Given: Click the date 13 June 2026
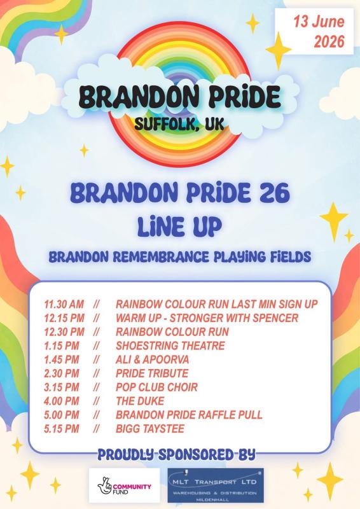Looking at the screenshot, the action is point(319,31).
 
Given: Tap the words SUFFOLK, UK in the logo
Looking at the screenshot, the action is point(179,123).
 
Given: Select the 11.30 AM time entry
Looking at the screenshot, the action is point(64,304).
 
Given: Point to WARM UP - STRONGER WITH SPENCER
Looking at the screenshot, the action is point(207,318).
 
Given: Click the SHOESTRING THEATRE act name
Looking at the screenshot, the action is point(170,345).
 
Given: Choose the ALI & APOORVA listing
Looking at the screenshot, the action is point(152,359).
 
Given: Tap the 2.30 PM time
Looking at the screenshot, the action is point(62,373).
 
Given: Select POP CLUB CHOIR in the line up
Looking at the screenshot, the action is point(156,387).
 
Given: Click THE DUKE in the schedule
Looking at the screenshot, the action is point(140,401).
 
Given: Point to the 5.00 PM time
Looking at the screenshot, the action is point(62,415).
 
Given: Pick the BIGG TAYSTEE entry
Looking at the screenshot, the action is point(150,429).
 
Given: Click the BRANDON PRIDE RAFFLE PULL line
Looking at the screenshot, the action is point(189,415).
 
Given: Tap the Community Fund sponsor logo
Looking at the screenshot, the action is point(125,485).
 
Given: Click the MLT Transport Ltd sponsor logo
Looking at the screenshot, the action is point(216,485).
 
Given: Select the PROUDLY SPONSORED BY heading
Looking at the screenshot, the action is point(177,455).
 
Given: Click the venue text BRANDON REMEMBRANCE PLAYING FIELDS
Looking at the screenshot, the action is point(180,257).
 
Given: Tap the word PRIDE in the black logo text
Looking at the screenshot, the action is point(245,97).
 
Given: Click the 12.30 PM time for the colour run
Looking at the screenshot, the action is point(64,331).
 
